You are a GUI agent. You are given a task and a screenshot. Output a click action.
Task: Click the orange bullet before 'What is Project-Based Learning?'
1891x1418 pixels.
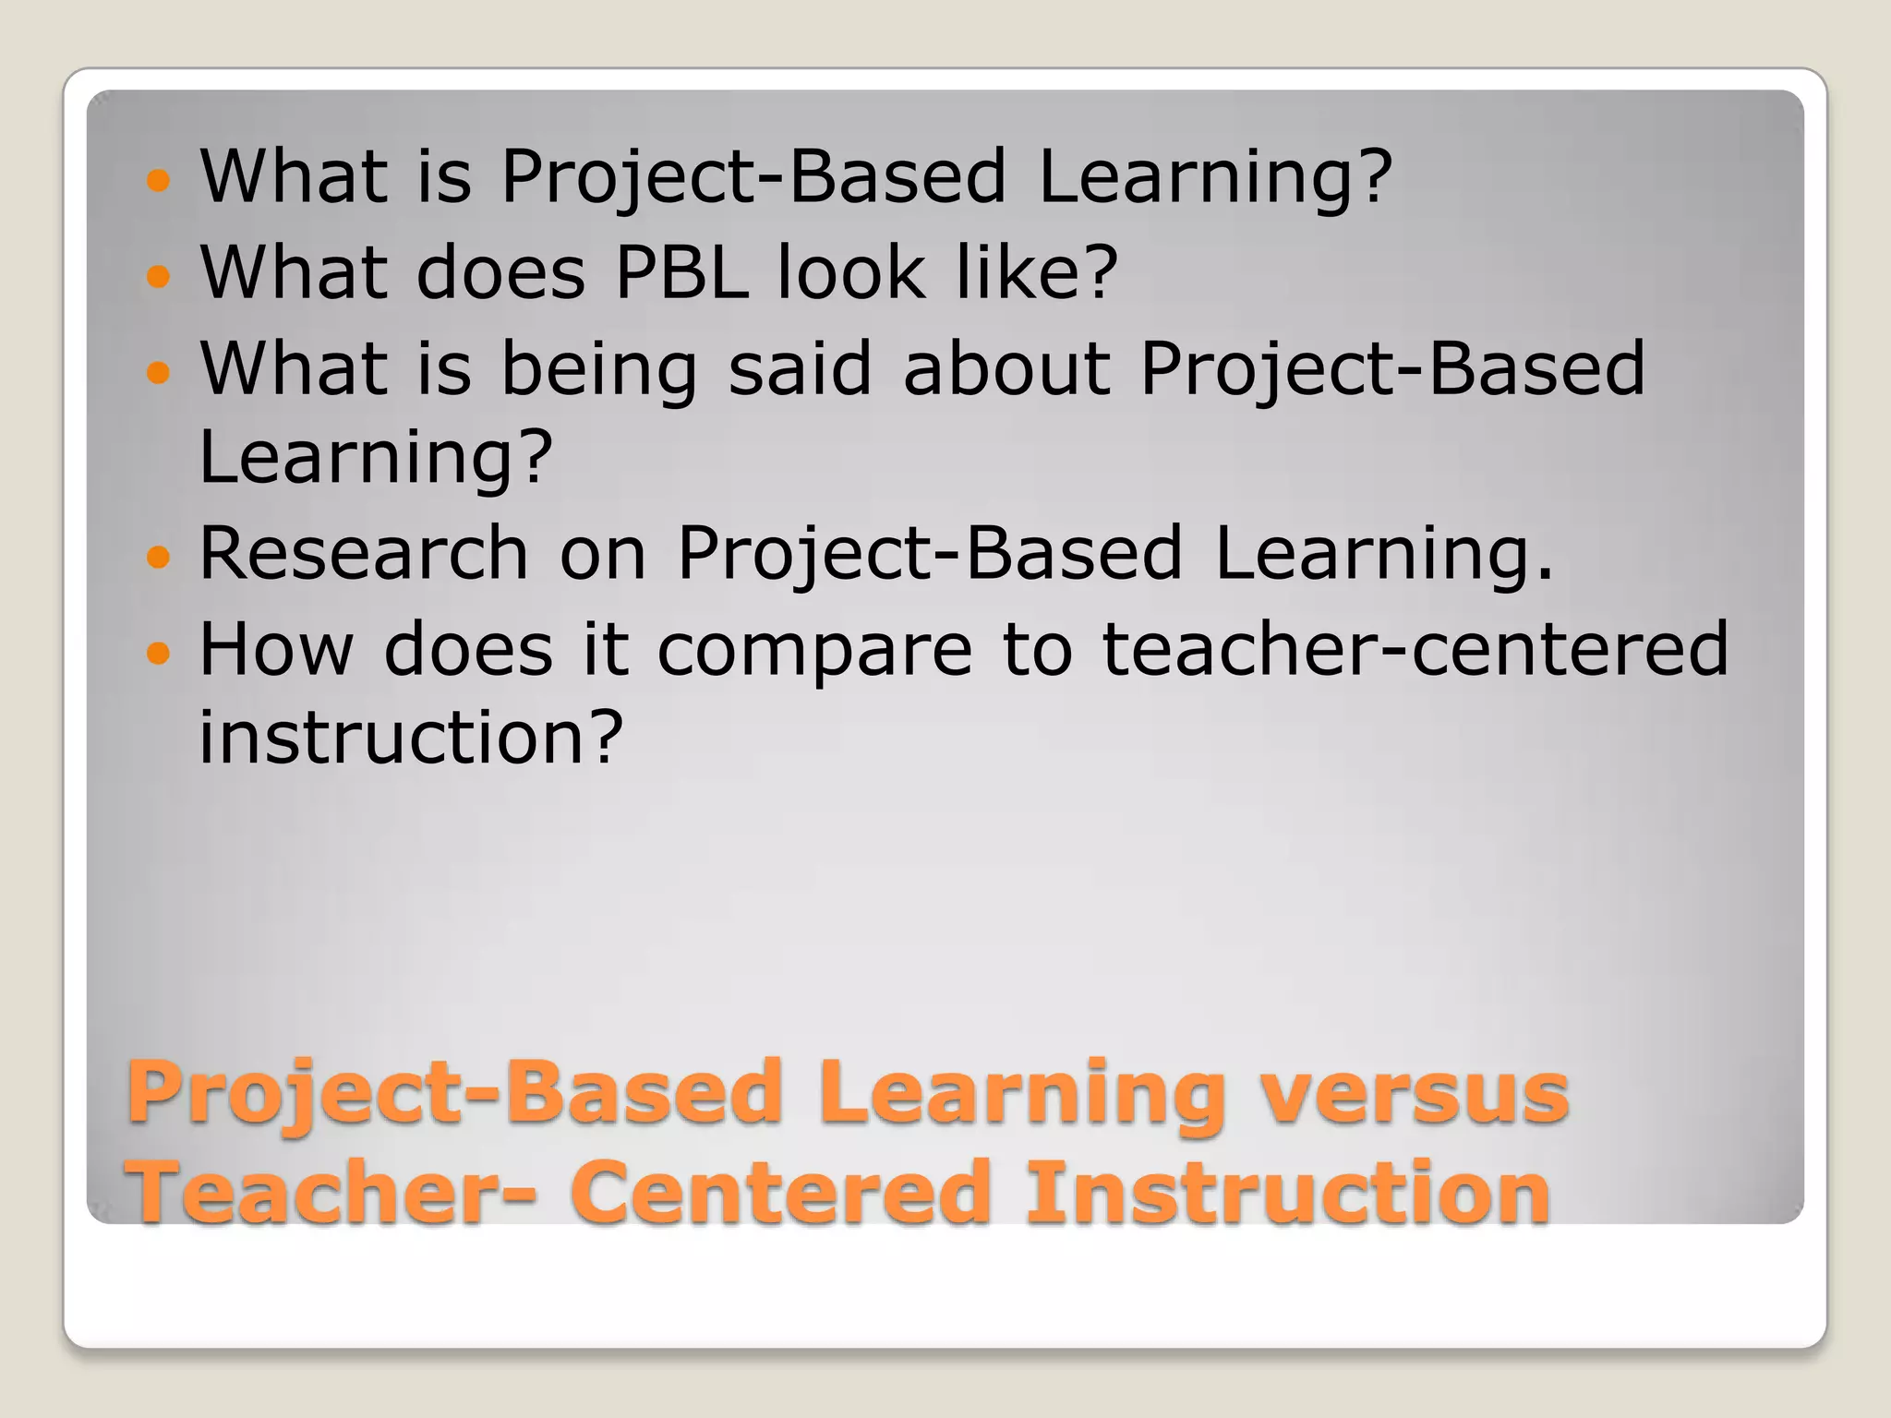point(159,180)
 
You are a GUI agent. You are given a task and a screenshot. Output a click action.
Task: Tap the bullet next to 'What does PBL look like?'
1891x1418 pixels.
point(159,276)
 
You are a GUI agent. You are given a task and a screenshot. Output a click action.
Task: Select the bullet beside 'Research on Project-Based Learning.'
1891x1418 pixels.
point(159,557)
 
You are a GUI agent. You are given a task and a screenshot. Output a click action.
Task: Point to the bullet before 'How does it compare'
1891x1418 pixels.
point(159,654)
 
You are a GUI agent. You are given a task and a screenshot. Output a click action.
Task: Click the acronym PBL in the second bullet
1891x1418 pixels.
point(681,272)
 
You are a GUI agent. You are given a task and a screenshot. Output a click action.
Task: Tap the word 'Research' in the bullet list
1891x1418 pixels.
point(364,553)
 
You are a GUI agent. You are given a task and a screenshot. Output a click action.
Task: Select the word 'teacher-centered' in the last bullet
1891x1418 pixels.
point(1415,649)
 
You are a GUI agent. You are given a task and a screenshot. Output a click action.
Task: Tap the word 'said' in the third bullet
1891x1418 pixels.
point(800,368)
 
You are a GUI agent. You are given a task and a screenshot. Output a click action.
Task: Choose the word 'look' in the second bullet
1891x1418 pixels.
point(851,272)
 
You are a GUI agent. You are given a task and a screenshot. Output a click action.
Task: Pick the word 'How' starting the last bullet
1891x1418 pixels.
point(276,649)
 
